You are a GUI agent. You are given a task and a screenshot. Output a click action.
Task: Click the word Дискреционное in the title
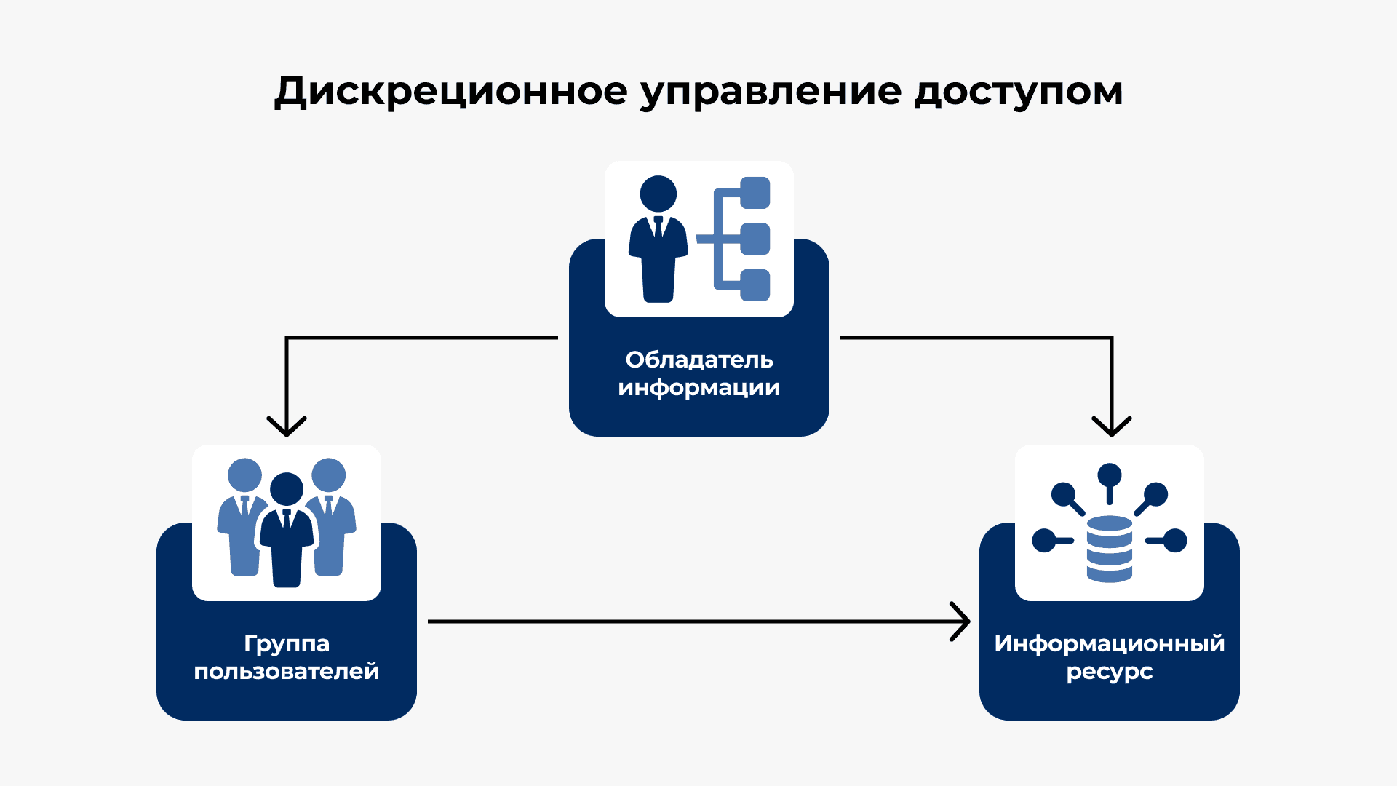450,92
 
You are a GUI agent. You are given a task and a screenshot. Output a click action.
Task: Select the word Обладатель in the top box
698,360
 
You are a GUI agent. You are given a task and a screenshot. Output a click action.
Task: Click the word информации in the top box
698,388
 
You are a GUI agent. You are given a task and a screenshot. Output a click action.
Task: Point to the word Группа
287,644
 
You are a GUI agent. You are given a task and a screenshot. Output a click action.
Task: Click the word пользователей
287,671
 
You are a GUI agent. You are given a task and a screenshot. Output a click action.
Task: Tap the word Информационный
1109,643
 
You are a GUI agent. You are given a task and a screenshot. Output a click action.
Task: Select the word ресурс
1109,672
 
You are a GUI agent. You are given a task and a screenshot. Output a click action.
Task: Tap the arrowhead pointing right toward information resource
962,622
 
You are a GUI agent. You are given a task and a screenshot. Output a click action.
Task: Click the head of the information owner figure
658,194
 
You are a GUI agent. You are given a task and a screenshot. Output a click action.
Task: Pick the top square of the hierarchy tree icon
755,193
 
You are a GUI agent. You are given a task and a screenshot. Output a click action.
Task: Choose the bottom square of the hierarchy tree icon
755,285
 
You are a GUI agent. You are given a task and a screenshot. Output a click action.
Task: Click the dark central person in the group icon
287,531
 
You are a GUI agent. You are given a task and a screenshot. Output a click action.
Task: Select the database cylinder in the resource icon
1109,549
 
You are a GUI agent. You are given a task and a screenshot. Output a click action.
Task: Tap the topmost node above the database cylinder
1109,475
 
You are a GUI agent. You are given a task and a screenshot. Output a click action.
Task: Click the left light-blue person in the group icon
243,517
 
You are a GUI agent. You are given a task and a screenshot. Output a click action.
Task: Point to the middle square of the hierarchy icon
755,239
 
